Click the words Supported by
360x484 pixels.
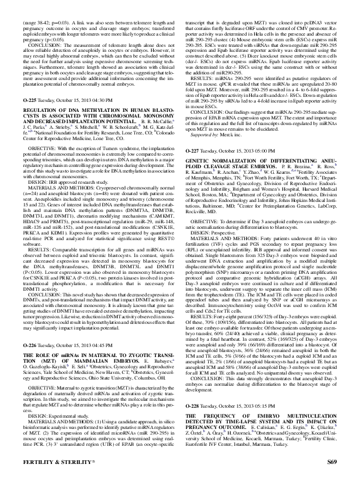pos(211,152)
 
